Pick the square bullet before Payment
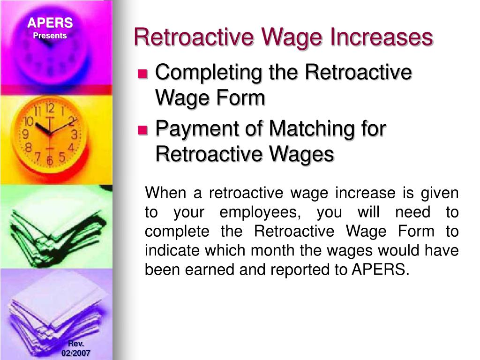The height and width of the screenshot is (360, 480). click(142, 130)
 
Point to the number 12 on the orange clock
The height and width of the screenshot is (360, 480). click(51, 109)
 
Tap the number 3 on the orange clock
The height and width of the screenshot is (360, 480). click(74, 135)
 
